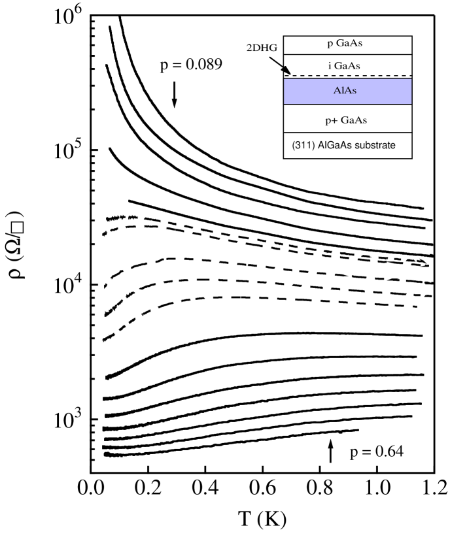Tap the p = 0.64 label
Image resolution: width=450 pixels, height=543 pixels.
[377, 452]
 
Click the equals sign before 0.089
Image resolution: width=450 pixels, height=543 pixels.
[175, 65]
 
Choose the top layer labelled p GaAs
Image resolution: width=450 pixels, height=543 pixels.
[347, 44]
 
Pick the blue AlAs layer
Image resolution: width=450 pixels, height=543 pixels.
[347, 91]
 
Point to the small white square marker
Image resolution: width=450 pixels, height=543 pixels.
[18, 227]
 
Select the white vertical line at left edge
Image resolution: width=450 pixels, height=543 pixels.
[2, 239]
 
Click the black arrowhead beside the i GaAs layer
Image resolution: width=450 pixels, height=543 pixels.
[286, 71]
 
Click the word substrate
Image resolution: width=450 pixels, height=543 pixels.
[375, 146]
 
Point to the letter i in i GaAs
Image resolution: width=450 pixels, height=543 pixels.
[330, 65]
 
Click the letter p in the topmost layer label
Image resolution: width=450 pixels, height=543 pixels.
[330, 45]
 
